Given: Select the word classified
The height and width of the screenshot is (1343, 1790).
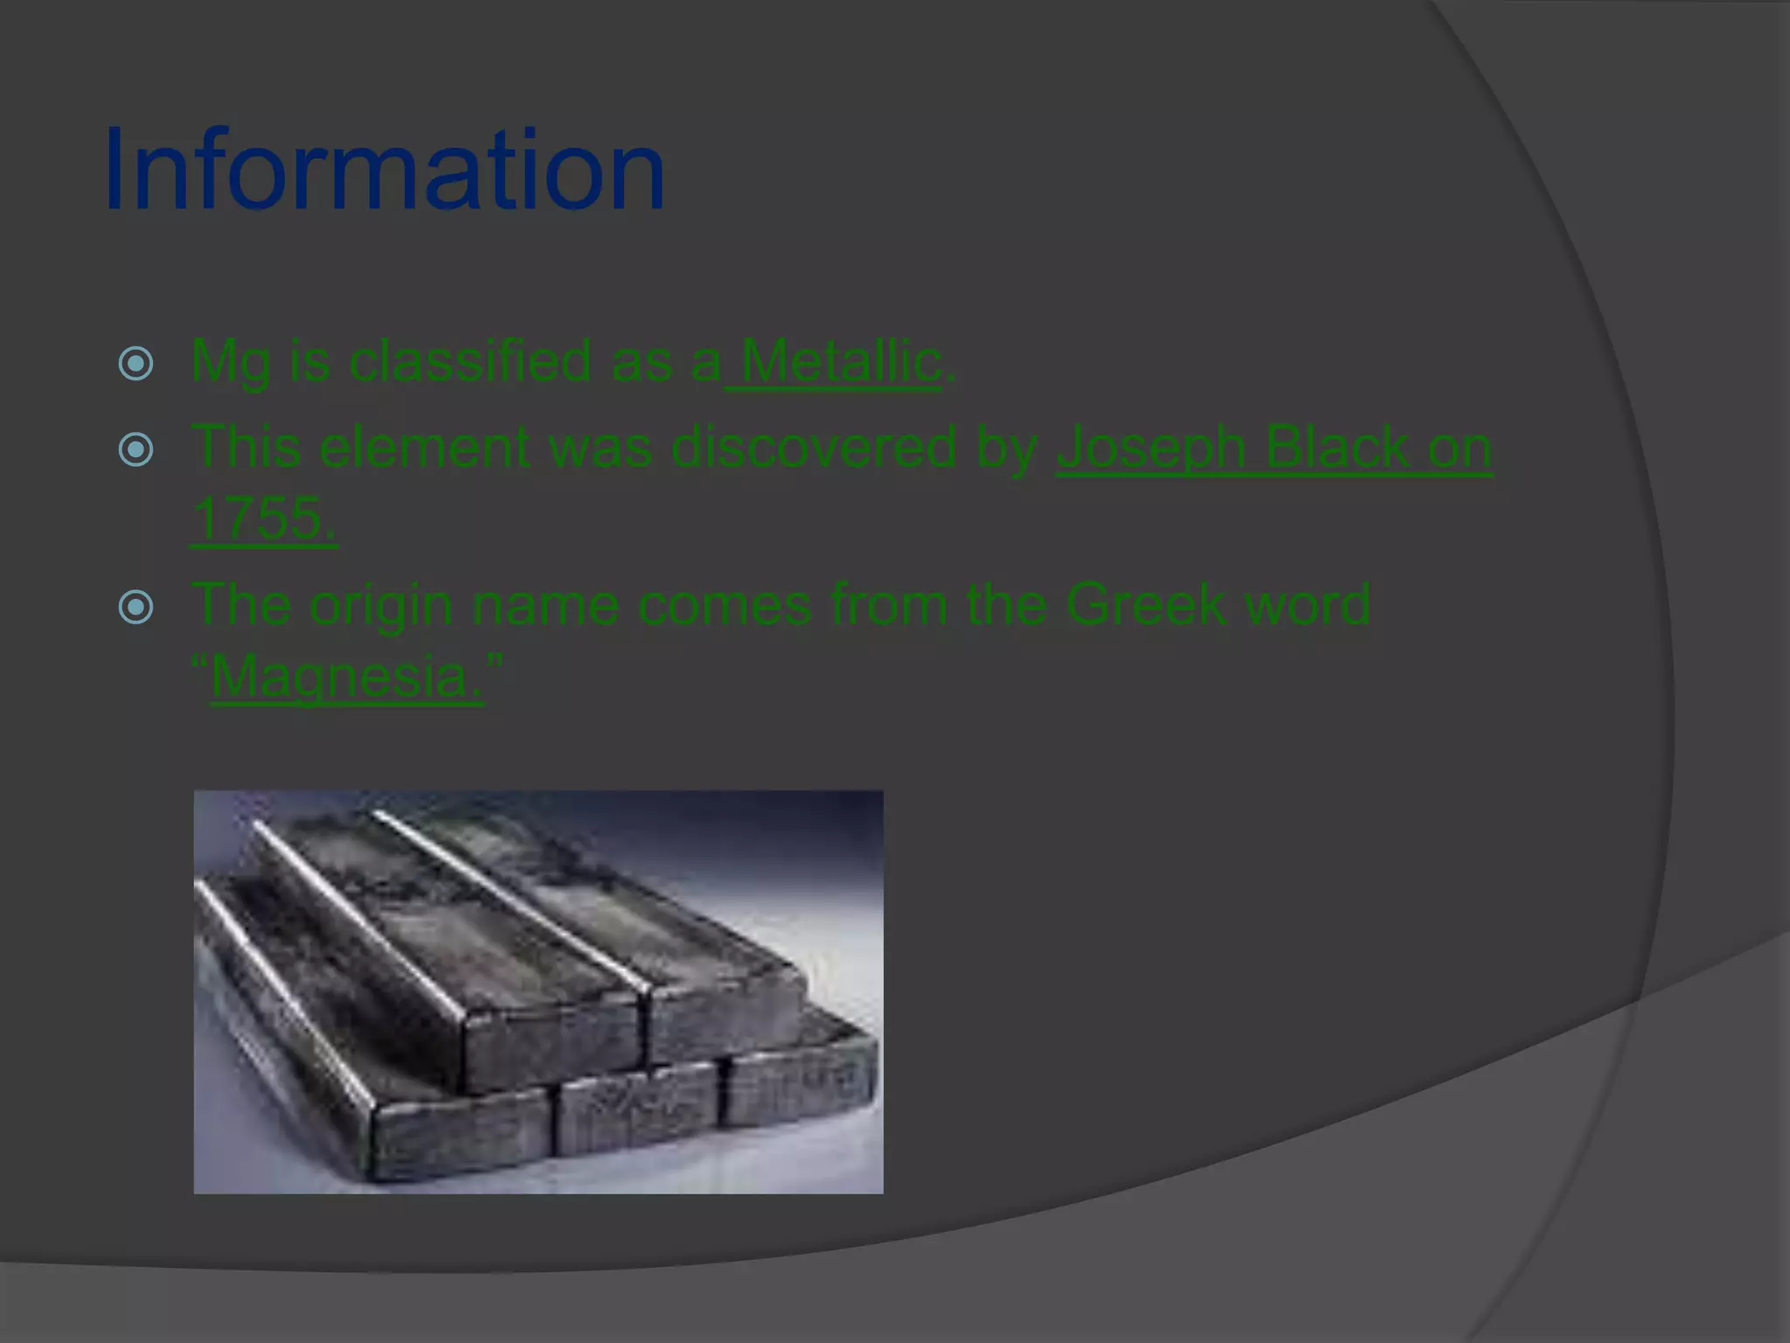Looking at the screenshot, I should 470,360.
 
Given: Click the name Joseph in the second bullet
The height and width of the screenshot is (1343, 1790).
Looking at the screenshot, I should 1151,448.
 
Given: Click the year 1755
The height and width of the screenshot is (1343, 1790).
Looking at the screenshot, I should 262,518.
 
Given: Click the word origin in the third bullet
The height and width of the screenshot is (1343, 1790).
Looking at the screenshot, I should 380,605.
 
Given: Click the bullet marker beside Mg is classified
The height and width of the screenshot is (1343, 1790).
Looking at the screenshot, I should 136,363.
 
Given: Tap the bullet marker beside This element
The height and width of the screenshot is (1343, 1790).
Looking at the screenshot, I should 136,449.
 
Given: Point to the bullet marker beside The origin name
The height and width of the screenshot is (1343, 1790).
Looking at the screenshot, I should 136,607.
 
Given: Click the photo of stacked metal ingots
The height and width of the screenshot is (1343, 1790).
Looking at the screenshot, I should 538,992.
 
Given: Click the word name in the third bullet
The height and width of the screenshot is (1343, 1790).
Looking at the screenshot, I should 545,605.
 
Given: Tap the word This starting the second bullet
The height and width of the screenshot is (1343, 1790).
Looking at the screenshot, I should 246,447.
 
